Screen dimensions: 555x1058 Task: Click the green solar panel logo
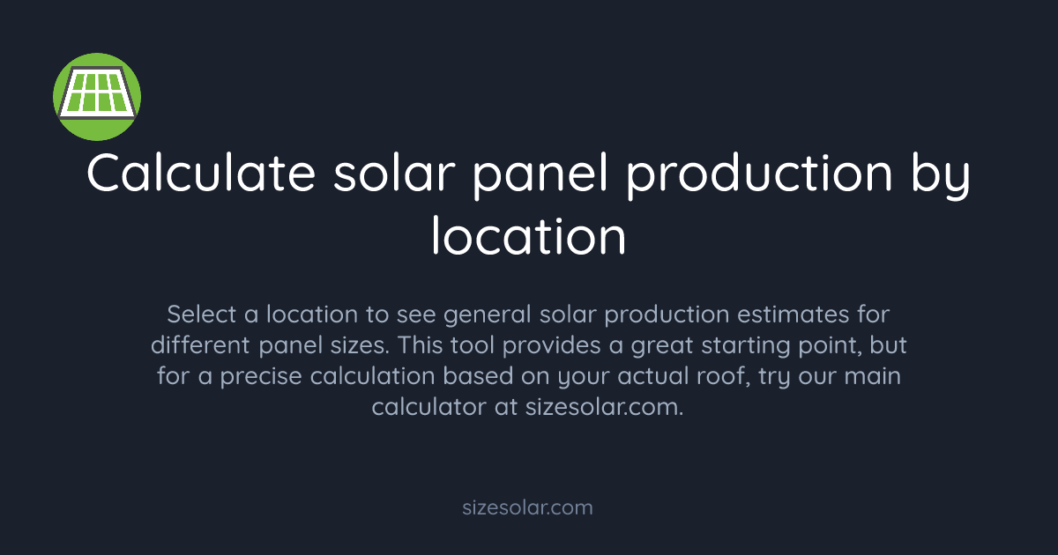click(97, 96)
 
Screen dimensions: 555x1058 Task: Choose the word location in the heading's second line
click(528, 235)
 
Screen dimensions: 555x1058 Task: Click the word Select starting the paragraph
click(196, 314)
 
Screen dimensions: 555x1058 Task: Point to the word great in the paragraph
click(658, 345)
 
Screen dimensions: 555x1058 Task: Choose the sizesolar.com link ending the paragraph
click(604, 408)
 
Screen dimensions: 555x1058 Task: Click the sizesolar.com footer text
click(528, 507)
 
